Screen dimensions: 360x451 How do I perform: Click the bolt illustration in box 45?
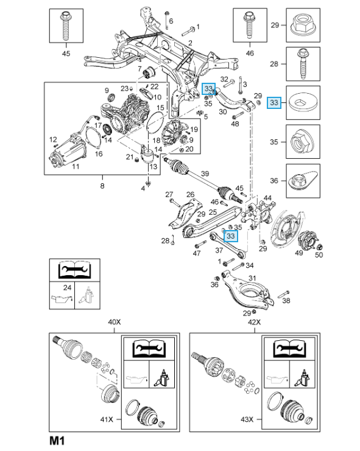(x=66, y=26)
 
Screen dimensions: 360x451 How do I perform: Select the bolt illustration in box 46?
(x=250, y=25)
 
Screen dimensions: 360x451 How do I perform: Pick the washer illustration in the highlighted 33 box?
(x=303, y=102)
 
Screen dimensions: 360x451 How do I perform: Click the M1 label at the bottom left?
(x=57, y=441)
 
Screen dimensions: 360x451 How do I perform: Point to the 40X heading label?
(x=115, y=322)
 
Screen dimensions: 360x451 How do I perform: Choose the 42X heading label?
(x=255, y=322)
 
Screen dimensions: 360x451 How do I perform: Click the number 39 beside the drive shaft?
(x=205, y=173)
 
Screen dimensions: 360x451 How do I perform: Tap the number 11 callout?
(x=76, y=166)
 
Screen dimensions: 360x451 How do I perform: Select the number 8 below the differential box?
(x=102, y=186)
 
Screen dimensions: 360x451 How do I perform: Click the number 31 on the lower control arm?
(x=252, y=278)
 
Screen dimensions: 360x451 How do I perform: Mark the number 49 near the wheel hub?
(x=298, y=253)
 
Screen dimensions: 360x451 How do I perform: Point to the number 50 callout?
(x=319, y=254)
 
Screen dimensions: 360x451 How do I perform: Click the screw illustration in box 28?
(x=303, y=64)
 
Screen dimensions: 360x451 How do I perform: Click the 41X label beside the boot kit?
(x=107, y=419)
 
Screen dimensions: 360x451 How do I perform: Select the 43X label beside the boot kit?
(x=247, y=419)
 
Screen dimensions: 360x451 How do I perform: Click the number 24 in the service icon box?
(x=68, y=287)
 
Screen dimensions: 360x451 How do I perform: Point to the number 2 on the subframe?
(x=190, y=43)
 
